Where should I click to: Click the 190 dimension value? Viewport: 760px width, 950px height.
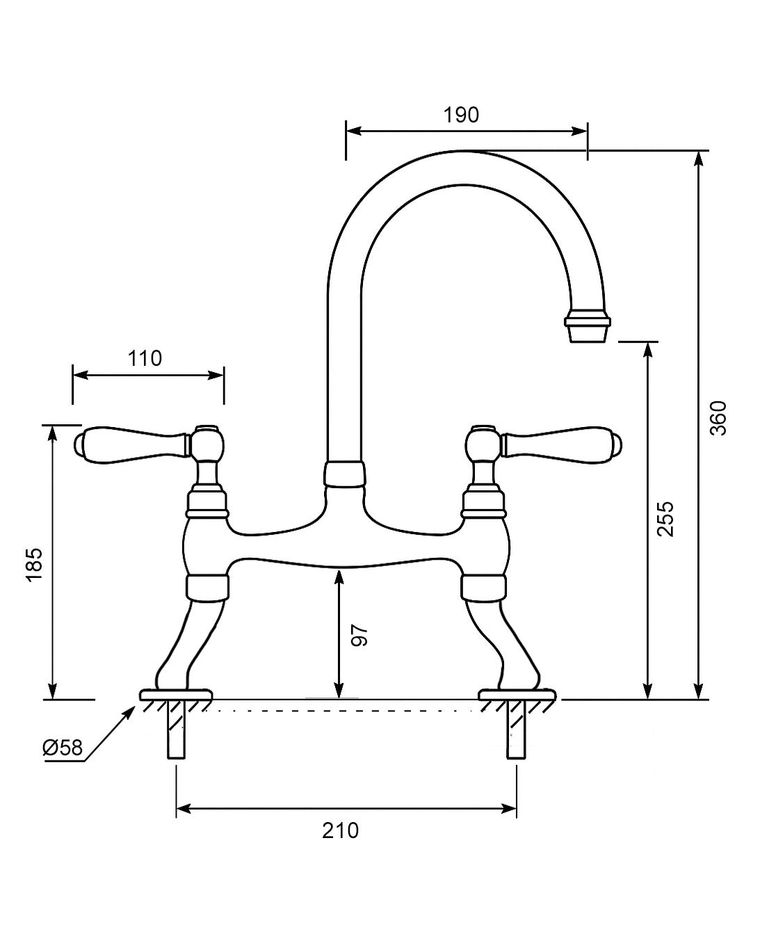point(462,115)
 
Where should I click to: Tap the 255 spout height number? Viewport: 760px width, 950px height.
point(665,518)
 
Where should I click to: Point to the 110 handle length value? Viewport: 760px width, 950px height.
point(145,358)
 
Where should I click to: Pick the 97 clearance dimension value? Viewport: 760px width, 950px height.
point(359,636)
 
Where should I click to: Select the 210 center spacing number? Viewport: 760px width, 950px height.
point(341,830)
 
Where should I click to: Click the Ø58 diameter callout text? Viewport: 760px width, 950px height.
point(63,748)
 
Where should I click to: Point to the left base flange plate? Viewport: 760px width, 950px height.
point(176,695)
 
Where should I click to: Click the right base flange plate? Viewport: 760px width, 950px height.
point(518,695)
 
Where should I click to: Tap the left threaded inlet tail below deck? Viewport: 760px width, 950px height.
point(177,730)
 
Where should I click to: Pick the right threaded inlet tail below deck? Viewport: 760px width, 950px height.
point(516,730)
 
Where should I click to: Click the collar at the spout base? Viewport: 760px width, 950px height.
point(344,474)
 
